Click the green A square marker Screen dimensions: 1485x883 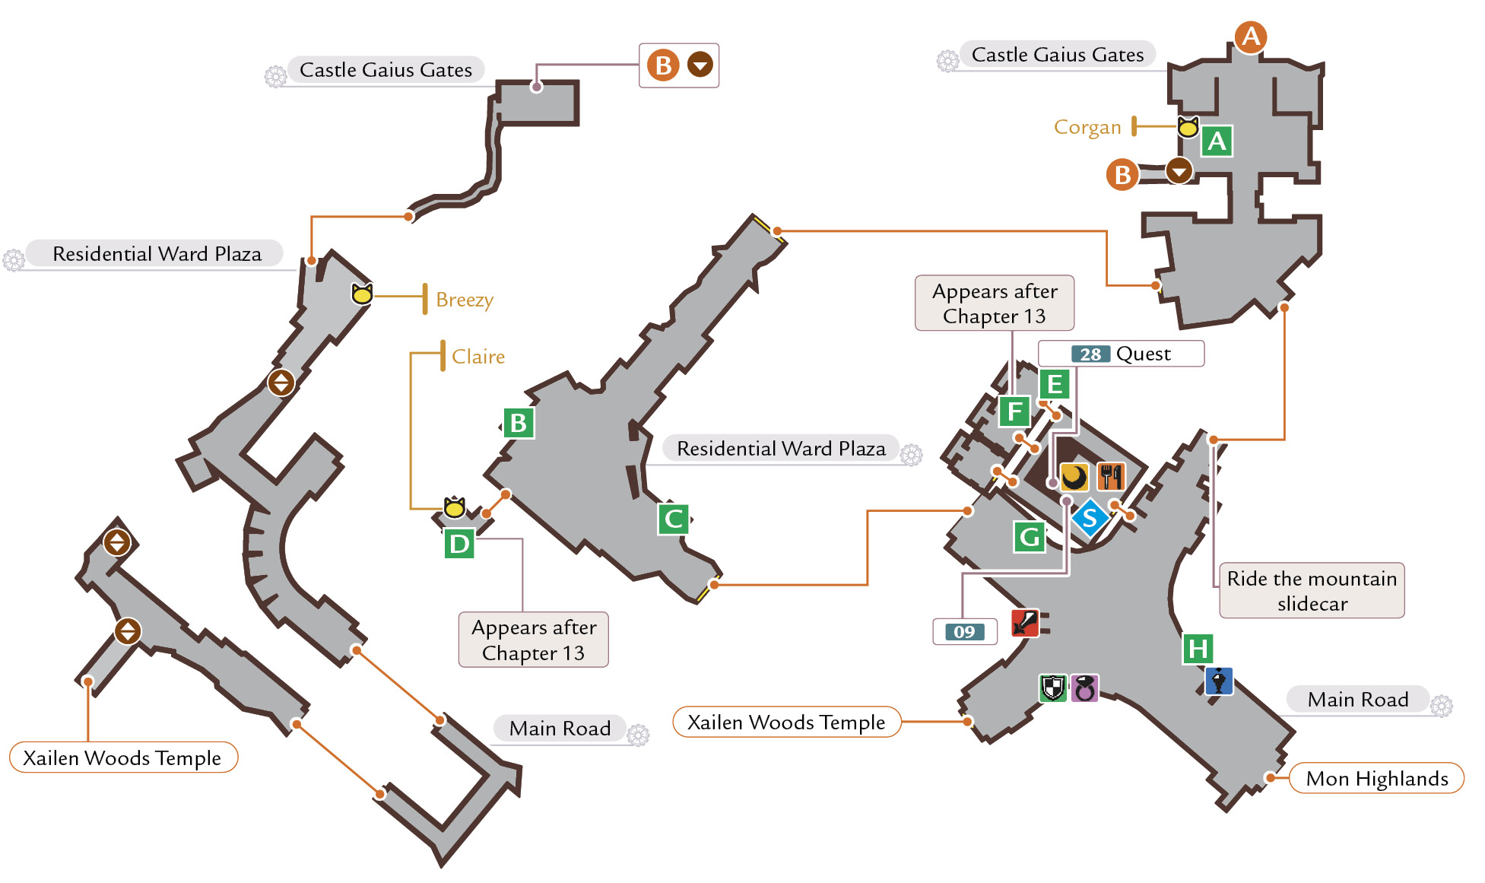[1217, 141]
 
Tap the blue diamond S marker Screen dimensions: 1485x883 [1090, 518]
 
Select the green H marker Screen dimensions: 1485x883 [1198, 649]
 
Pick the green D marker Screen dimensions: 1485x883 [459, 544]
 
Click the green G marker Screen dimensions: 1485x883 [1030, 537]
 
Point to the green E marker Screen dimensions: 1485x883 [1055, 384]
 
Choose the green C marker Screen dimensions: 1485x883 [673, 519]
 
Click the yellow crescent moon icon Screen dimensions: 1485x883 [1074, 477]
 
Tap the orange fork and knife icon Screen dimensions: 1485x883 [1111, 477]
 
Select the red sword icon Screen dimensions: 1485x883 [1025, 623]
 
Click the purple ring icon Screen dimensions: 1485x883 [1084, 688]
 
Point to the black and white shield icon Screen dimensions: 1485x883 [1053, 688]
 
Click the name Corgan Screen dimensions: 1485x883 [1087, 127]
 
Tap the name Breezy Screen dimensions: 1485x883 [465, 300]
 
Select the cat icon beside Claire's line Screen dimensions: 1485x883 [455, 507]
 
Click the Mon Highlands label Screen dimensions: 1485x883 [1377, 778]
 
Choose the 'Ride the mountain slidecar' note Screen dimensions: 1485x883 [1312, 591]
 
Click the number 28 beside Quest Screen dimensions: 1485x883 [1090, 354]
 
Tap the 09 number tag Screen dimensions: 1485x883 [964, 632]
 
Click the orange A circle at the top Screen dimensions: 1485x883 [1251, 37]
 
